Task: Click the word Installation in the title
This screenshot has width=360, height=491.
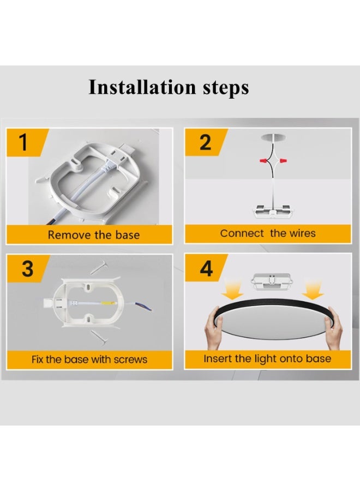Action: (x=142, y=87)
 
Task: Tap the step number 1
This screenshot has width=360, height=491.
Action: (x=23, y=142)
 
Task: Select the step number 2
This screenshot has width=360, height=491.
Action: (x=205, y=142)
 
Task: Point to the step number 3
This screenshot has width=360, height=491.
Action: (x=28, y=268)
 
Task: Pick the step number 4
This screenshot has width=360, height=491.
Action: (x=206, y=268)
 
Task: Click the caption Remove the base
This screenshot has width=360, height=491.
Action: (x=94, y=235)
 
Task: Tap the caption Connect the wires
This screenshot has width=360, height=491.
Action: (x=268, y=233)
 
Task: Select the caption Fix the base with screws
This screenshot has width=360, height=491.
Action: (x=89, y=359)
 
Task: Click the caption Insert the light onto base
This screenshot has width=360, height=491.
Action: (x=267, y=359)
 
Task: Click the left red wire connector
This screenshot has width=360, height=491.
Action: (x=264, y=160)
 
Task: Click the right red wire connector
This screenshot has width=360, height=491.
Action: (x=283, y=160)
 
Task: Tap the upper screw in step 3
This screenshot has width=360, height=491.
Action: (x=100, y=268)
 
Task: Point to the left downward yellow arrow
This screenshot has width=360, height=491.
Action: (x=232, y=289)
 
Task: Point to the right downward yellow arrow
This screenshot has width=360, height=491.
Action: (x=313, y=289)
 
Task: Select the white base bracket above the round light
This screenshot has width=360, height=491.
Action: (x=272, y=282)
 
